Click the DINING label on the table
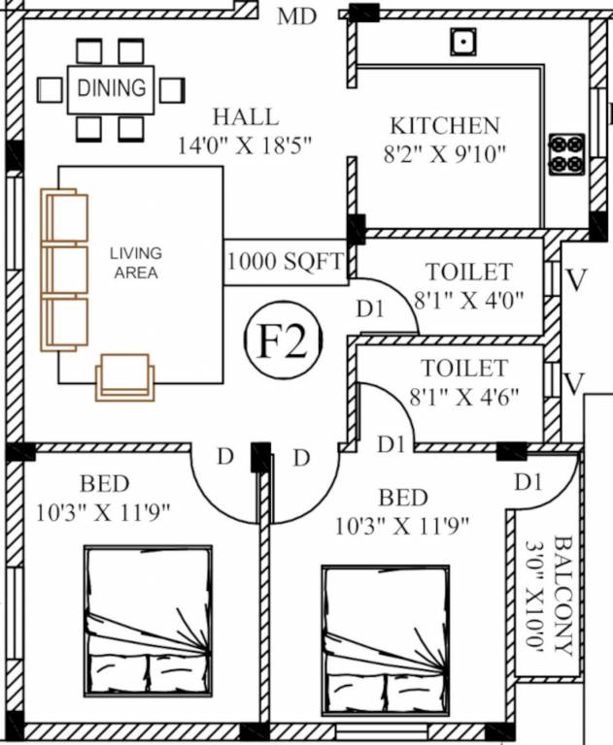(111, 88)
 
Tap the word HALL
(245, 117)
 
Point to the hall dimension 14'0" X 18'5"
(251, 146)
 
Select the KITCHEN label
(444, 125)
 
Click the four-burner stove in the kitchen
(564, 154)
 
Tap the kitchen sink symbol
(462, 42)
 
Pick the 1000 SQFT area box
(286, 262)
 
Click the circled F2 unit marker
(284, 340)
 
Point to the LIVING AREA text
(136, 263)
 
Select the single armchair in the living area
(124, 377)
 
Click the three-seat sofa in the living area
(65, 272)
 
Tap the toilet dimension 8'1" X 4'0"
(469, 300)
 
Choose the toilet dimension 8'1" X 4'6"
(467, 397)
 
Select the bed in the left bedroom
(148, 621)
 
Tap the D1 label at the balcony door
(528, 481)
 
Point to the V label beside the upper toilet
(576, 281)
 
